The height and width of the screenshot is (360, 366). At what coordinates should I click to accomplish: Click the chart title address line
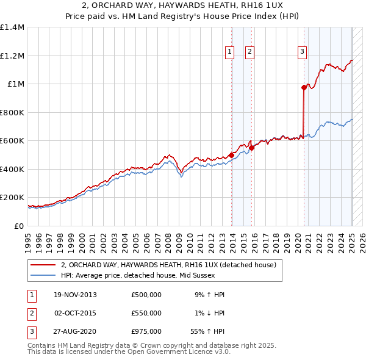click(183, 5)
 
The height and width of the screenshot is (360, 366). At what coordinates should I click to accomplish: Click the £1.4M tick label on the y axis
click(12, 27)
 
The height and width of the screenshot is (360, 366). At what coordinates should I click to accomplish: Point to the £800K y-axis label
click(12, 112)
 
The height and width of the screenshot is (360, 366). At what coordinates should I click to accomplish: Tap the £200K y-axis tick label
click(12, 198)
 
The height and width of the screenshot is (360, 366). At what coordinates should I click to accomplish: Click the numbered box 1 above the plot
click(230, 52)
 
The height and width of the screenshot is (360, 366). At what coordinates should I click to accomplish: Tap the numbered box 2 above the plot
click(250, 52)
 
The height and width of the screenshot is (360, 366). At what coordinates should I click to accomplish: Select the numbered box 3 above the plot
click(302, 52)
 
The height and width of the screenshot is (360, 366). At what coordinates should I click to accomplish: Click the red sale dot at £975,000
click(304, 88)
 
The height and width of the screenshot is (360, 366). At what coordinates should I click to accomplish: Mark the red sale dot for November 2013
click(232, 155)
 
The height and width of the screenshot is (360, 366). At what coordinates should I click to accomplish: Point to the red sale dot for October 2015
click(252, 148)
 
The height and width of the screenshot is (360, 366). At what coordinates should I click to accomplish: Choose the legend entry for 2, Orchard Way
click(169, 265)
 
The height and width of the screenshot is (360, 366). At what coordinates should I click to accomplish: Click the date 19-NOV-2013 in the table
click(75, 295)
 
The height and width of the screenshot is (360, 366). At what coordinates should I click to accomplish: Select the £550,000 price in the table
click(146, 313)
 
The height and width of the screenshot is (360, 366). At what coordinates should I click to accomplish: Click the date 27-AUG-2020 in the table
click(75, 331)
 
